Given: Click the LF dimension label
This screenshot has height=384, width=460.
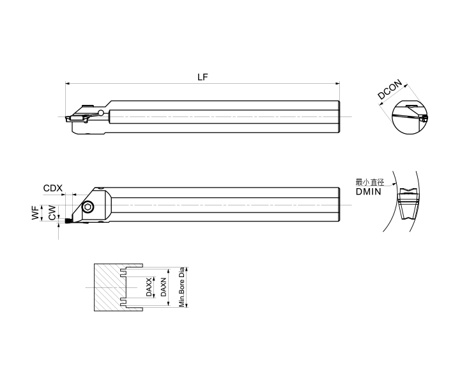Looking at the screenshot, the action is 203,77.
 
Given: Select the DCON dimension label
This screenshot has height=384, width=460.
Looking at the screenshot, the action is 390,90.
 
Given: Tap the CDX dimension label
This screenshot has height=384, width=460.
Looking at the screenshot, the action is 53,188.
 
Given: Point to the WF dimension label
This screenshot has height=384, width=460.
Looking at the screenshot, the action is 36,212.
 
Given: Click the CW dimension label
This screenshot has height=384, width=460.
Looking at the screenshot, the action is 52,212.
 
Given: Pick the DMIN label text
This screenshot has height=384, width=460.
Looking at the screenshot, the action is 369,192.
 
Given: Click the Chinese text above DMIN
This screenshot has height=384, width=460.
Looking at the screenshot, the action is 370,182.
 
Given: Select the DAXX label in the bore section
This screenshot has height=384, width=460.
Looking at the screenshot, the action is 149,287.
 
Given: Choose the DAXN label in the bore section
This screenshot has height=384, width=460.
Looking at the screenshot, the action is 164,287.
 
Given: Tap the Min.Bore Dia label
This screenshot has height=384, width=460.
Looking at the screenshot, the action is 182,287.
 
